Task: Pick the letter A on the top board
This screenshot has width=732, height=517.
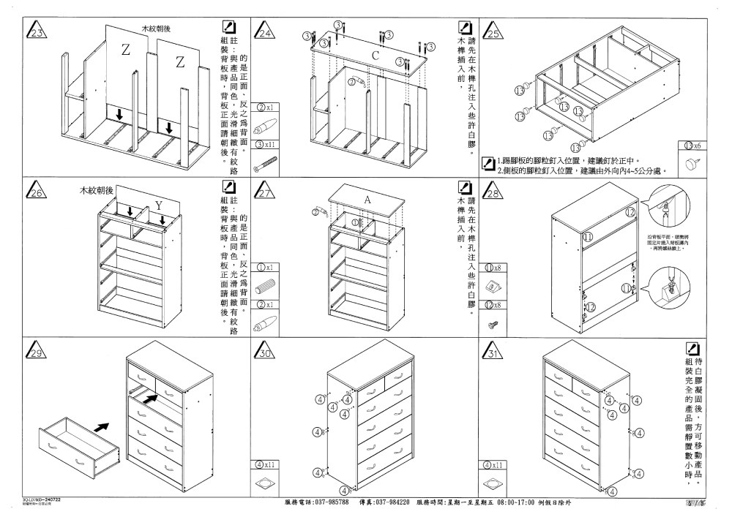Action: point(367,199)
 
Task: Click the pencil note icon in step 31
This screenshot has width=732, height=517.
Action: point(692,349)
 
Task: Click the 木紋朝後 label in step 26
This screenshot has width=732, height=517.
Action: point(97,190)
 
